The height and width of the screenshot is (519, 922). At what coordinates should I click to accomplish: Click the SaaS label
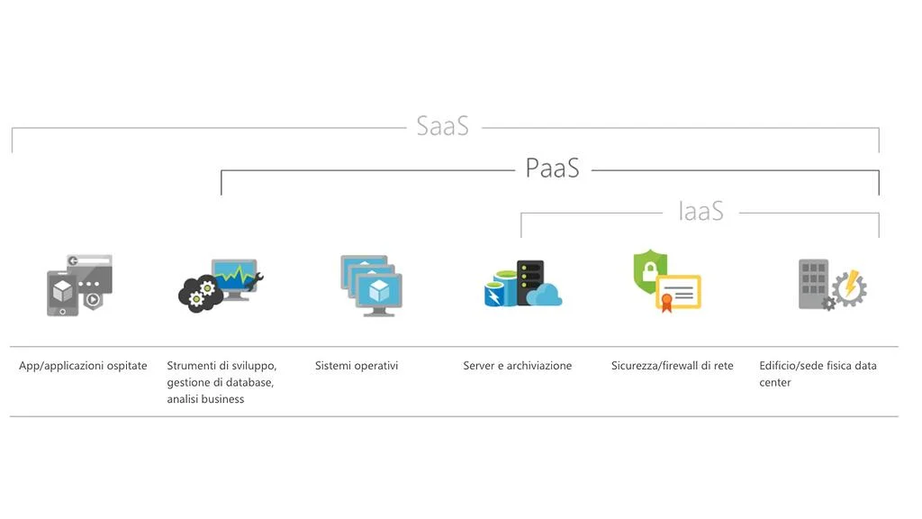(442, 125)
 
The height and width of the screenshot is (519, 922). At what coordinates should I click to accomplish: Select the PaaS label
(552, 168)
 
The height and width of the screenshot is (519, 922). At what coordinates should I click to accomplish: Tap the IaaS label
(701, 211)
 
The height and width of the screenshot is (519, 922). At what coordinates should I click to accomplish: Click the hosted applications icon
(79, 285)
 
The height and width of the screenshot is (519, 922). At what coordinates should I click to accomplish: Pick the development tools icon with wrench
(221, 285)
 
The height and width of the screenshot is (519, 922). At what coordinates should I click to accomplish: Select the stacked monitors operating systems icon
(371, 285)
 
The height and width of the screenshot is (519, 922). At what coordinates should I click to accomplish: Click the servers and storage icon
(522, 285)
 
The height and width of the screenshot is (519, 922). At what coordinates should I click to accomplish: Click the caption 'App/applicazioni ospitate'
(83, 366)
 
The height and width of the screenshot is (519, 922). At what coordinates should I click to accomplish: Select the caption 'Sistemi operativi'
(357, 366)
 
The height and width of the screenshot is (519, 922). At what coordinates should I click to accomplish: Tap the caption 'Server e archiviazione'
(517, 366)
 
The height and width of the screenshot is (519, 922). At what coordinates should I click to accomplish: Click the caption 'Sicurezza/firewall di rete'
(672, 366)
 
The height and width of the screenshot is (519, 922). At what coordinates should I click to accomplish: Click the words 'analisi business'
(205, 399)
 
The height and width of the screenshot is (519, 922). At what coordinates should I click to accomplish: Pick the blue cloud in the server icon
(544, 295)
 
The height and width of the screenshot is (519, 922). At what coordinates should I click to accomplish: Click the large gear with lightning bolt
(848, 288)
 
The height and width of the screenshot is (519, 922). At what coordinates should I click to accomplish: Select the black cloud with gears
(200, 295)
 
